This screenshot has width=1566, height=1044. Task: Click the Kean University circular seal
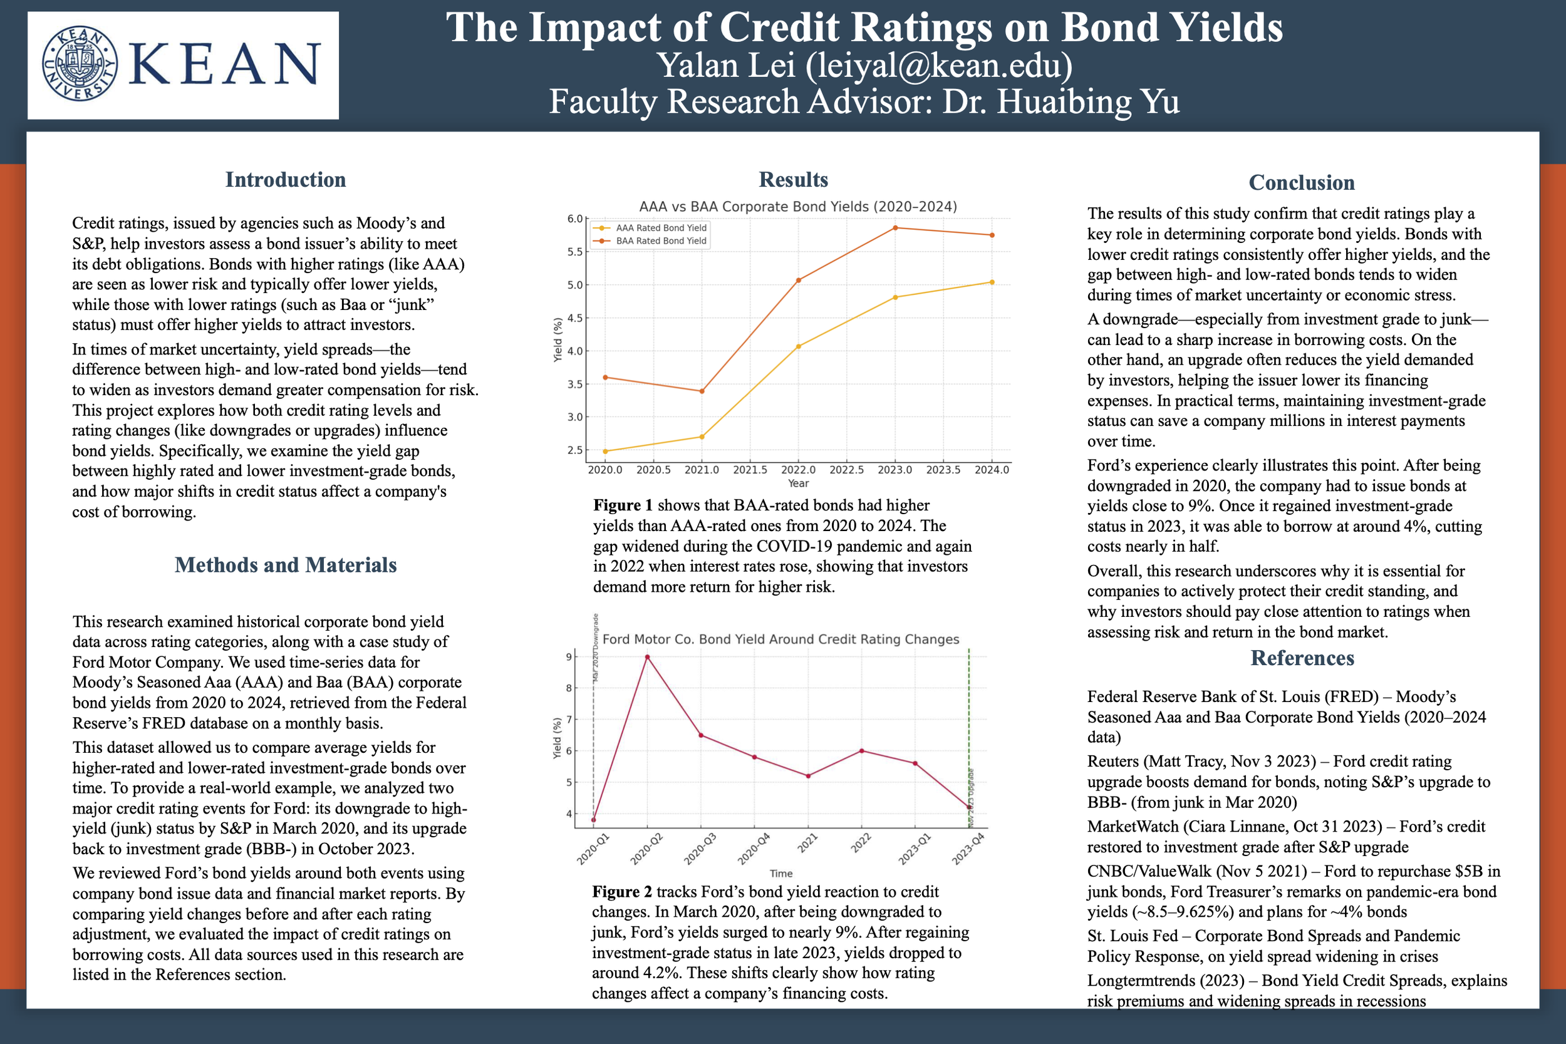(80, 64)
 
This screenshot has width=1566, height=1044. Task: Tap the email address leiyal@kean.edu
(939, 65)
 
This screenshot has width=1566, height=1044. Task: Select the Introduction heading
(286, 180)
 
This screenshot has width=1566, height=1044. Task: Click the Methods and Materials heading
(286, 565)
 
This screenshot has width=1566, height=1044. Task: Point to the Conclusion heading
(1302, 182)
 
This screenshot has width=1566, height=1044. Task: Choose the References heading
(1302, 658)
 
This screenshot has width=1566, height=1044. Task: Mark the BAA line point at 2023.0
(895, 228)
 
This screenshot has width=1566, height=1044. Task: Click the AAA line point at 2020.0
(605, 452)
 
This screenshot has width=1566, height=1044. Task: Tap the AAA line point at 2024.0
(992, 282)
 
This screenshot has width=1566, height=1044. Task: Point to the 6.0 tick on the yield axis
(574, 219)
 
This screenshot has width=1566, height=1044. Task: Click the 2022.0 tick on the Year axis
(798, 470)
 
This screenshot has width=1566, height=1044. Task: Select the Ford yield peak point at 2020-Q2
(647, 657)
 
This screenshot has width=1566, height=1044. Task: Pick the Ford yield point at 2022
(861, 751)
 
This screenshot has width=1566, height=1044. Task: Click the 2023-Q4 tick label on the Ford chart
(968, 850)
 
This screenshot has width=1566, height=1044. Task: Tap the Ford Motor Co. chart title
(780, 639)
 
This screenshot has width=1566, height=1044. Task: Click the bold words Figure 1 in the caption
(623, 505)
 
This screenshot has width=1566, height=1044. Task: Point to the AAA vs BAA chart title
(797, 207)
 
